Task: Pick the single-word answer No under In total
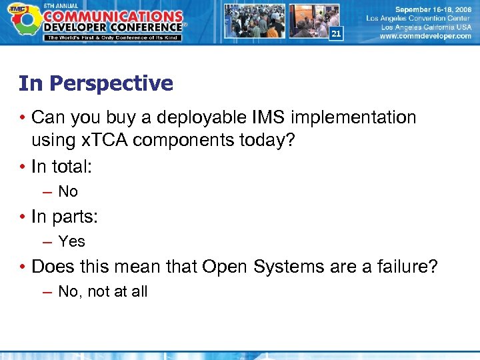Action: point(68,192)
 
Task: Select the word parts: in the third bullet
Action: point(73,217)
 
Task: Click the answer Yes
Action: point(71,241)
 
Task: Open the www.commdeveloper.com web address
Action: point(425,37)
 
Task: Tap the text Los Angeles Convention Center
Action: point(419,19)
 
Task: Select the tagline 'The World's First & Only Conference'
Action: point(113,37)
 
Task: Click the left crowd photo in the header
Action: point(254,21)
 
